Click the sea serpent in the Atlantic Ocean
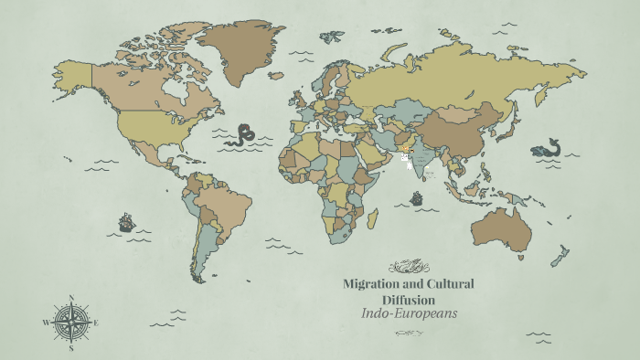241,136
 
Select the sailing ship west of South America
126,222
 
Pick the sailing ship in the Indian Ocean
417,198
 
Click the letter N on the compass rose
70,297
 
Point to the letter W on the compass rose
45,323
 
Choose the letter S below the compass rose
70,348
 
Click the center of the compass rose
70,323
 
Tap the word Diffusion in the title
408,300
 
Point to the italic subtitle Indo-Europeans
409,313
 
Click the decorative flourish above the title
408,267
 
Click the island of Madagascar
372,218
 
